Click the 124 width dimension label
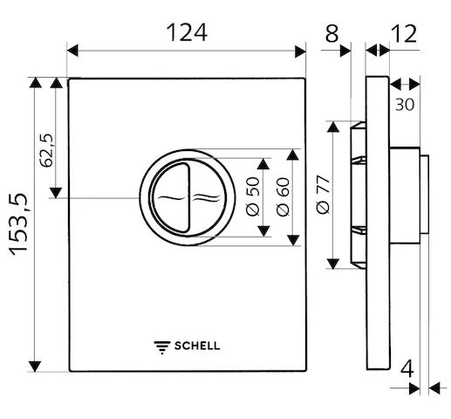(x=187, y=32)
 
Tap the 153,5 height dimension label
(x=18, y=223)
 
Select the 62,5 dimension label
(x=47, y=150)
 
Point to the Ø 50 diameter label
(x=252, y=196)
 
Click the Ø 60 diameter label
(x=283, y=196)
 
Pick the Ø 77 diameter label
(x=324, y=195)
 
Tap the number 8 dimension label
(x=331, y=33)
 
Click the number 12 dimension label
(x=404, y=33)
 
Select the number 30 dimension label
(x=405, y=105)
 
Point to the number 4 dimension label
(x=407, y=369)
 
